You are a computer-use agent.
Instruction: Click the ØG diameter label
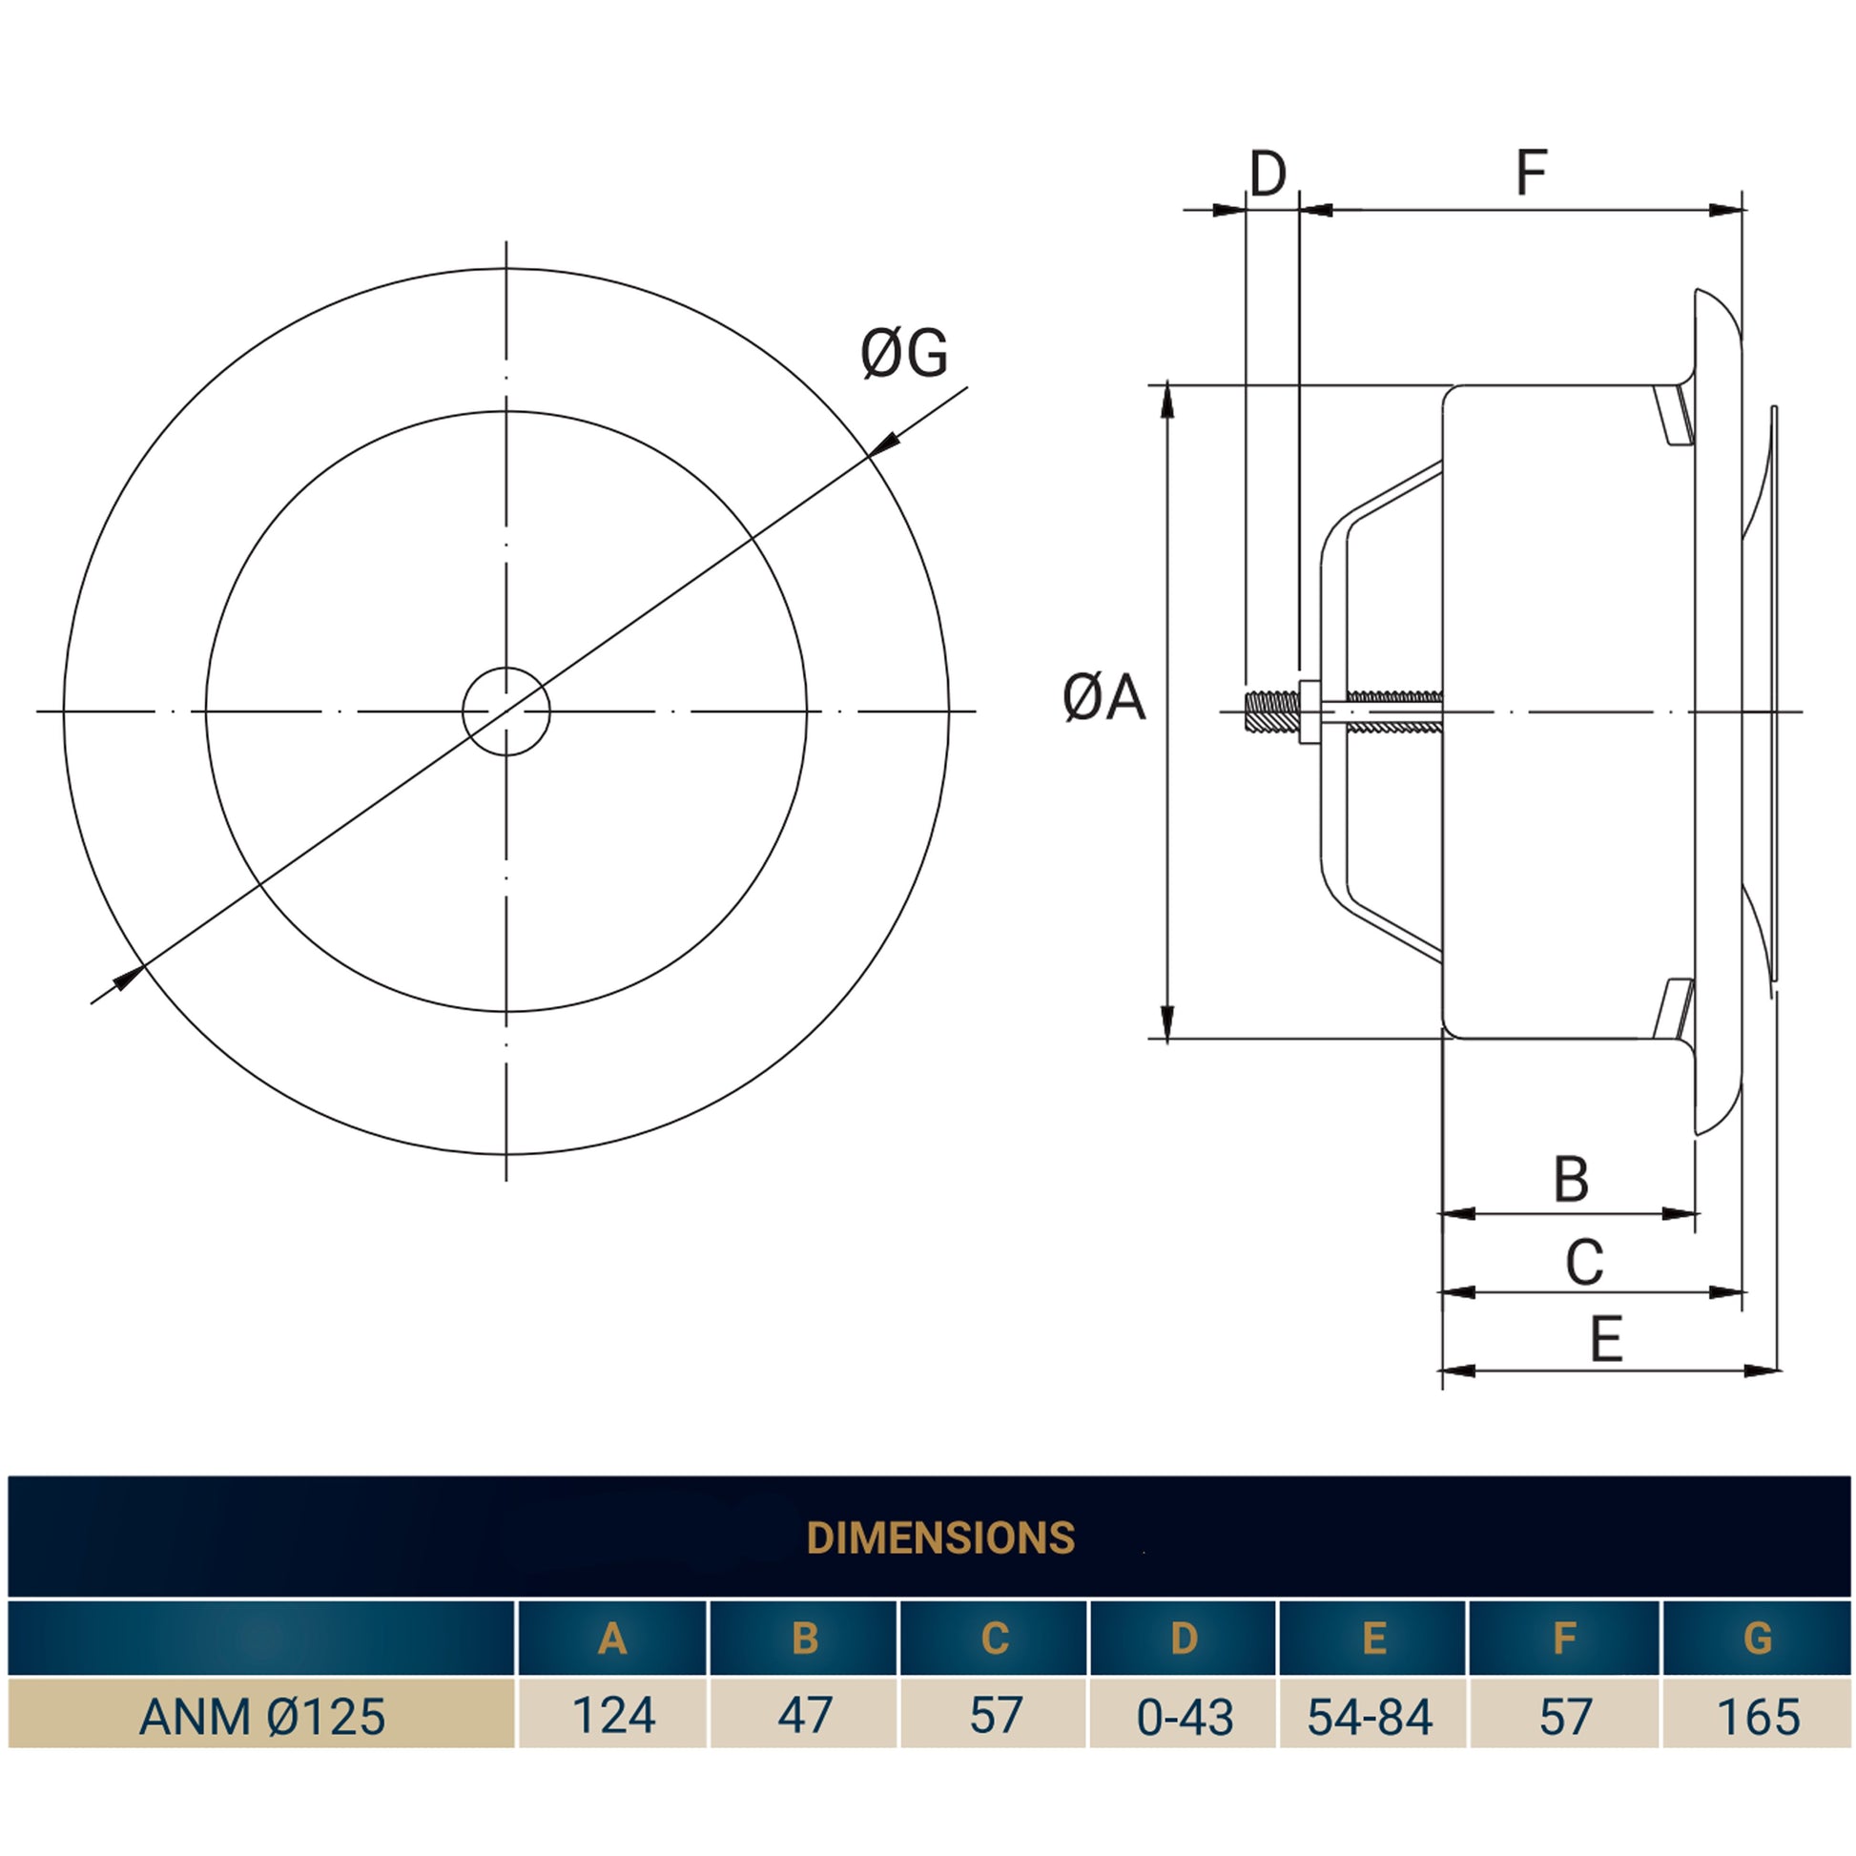(904, 353)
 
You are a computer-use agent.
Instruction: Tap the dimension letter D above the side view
(1268, 174)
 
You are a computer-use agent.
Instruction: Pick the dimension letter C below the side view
(1584, 1263)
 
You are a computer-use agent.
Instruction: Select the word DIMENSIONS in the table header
(940, 1538)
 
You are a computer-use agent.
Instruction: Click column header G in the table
(1757, 1638)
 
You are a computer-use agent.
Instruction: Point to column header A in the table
(613, 1638)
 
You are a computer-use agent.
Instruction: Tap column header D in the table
(1185, 1638)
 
